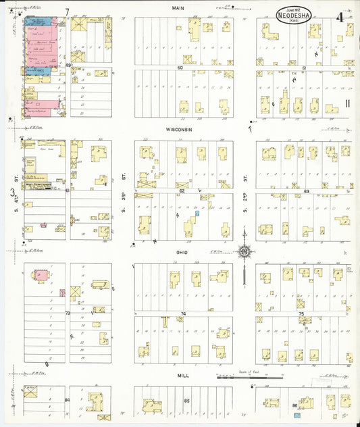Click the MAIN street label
178,8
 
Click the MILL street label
183,375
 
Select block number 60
180,68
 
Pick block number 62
182,191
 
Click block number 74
182,314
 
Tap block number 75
301,314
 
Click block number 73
68,313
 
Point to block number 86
295,405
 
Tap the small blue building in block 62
197,214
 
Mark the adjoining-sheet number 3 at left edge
12,194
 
